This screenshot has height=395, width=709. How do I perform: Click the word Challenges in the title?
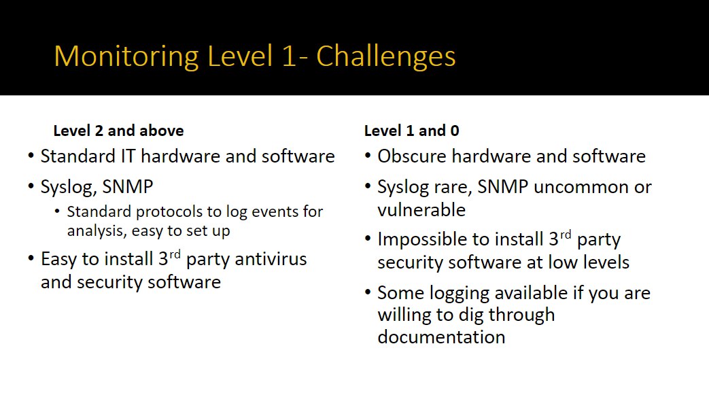pos(385,57)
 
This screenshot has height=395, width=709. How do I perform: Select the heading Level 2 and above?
pos(118,131)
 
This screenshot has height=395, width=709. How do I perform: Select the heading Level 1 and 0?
pos(411,131)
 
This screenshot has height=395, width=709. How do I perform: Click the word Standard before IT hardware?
pos(77,156)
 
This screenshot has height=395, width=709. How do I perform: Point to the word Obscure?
pos(412,156)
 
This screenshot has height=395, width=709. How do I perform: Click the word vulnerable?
pos(421,210)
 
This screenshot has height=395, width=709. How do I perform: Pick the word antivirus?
pos(271,259)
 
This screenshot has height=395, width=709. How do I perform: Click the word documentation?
pos(441,337)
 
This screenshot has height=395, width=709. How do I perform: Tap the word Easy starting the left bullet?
pos(58,260)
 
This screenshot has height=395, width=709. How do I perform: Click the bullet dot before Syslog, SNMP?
pos(31,186)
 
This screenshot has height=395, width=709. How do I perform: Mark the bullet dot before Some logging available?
pos(368,292)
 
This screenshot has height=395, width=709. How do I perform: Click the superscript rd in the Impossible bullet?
pos(566,235)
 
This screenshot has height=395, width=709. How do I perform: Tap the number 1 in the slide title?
pos(288,57)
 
